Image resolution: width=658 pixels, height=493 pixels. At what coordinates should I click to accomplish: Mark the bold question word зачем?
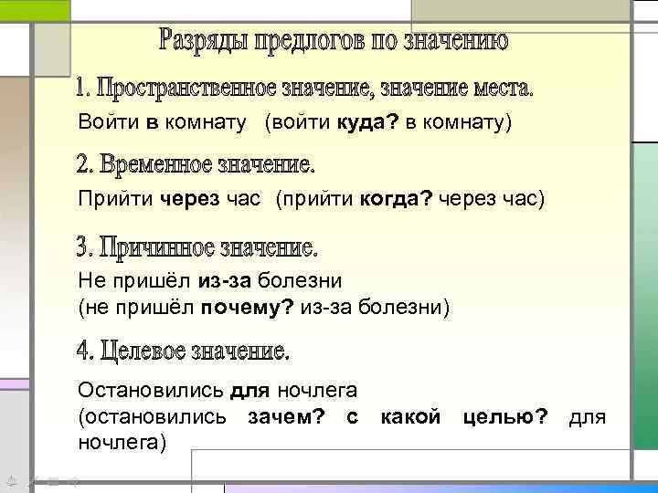click(286, 417)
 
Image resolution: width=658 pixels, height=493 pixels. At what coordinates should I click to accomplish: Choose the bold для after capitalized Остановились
click(249, 391)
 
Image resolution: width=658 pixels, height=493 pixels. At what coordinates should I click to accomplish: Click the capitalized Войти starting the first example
click(102, 121)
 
